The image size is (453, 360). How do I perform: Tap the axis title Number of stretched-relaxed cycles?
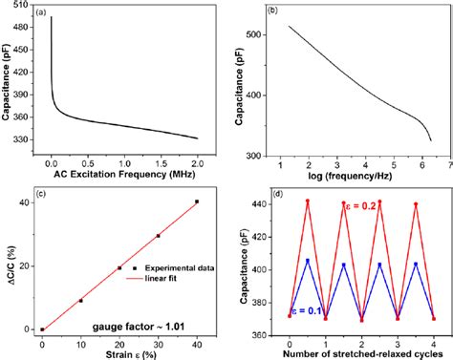360,351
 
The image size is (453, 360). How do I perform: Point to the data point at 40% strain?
197,201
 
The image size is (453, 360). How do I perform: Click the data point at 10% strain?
80,301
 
